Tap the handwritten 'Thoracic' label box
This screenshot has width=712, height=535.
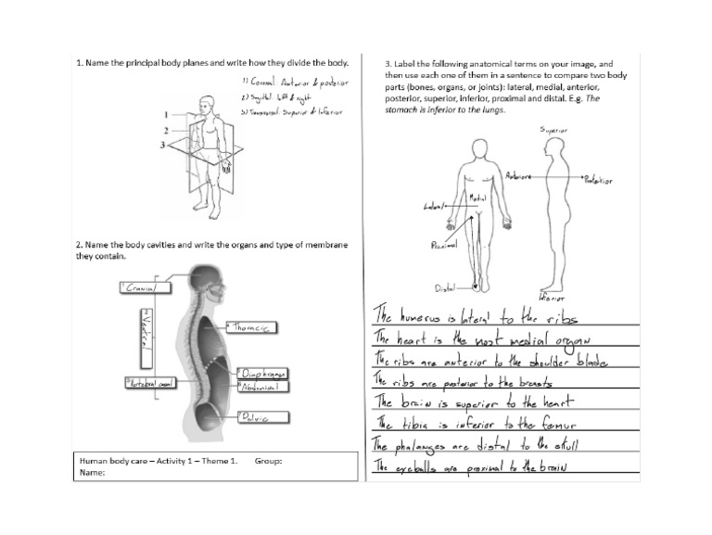252,327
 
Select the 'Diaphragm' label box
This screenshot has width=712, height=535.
262,373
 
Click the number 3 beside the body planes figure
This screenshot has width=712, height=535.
163,145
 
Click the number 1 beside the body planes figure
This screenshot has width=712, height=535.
166,116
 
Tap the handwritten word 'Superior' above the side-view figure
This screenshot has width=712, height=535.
554,131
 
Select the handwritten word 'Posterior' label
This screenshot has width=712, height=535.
598,181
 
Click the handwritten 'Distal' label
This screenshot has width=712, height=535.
445,288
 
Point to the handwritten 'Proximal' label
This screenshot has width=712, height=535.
444,246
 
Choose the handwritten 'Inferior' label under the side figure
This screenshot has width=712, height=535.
553,299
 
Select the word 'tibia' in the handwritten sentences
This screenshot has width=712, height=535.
413,424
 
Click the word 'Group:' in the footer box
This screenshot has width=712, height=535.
267,461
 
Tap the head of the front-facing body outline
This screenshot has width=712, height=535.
479,148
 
